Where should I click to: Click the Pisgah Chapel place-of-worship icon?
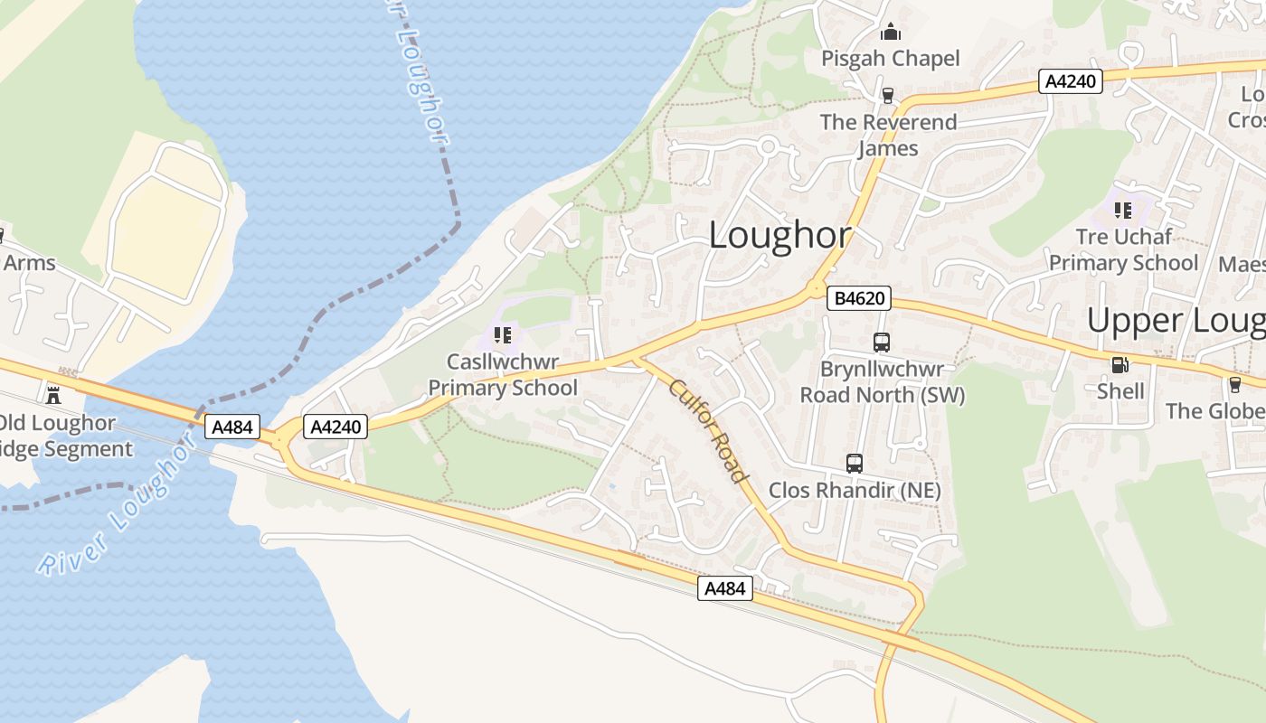[891, 33]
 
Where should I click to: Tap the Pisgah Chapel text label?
[891, 59]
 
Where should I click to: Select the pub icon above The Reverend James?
[887, 95]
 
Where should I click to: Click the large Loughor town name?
[779, 236]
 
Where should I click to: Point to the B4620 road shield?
[858, 297]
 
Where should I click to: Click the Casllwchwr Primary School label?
[503, 375]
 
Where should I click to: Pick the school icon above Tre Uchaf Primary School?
[1123, 211]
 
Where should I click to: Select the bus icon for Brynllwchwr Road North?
[882, 343]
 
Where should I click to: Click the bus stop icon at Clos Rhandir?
[855, 464]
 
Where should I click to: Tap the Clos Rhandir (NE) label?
[855, 491]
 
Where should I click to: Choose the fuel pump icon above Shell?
[1120, 365]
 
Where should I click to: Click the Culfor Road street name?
[709, 431]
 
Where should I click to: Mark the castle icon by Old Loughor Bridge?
[53, 394]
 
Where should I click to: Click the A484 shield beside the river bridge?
[232, 427]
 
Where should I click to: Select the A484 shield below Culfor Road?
[725, 589]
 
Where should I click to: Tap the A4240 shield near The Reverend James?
[1070, 81]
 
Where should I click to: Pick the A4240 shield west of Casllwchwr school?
[336, 427]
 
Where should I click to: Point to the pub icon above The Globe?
[1235, 384]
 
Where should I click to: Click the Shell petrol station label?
[1120, 391]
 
